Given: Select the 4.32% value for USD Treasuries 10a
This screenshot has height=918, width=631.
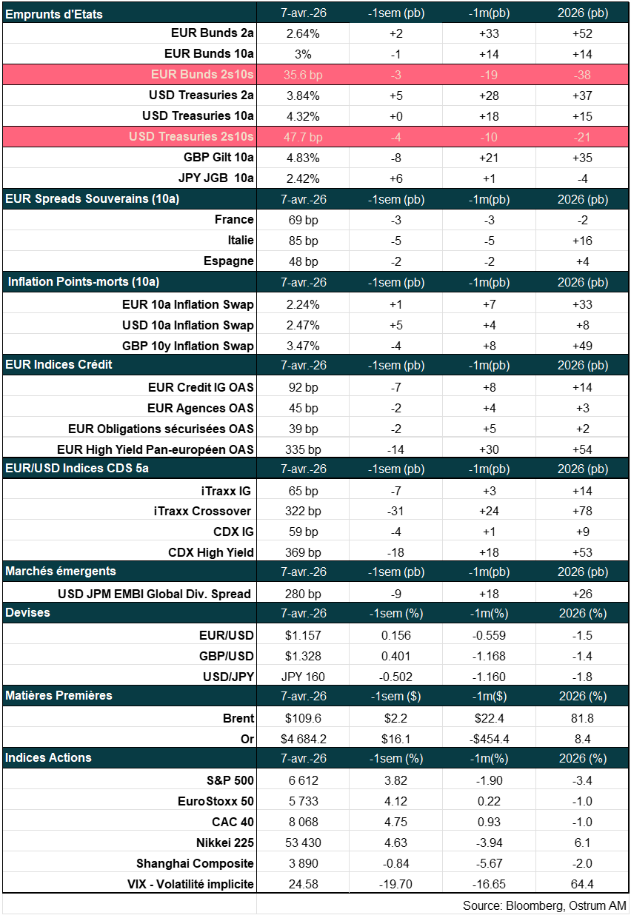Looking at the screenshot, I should click(302, 116).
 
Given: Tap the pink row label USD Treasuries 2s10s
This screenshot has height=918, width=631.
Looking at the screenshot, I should click(191, 137).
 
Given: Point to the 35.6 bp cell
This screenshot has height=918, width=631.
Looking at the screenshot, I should click(304, 75).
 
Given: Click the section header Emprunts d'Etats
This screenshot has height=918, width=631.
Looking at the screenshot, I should click(54, 14).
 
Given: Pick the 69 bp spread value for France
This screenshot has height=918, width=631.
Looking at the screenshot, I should click(302, 220).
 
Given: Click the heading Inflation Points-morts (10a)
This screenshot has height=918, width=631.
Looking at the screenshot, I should click(84, 282).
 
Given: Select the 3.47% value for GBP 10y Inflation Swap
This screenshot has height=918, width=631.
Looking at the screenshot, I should click(302, 346).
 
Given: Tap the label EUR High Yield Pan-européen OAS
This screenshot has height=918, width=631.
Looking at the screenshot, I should click(156, 449).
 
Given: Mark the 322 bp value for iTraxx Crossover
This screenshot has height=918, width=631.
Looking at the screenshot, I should click(302, 511).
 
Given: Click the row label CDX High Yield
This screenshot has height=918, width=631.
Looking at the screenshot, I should click(211, 552).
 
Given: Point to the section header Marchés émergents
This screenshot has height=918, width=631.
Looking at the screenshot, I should click(61, 572).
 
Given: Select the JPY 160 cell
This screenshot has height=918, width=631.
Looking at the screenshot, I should click(303, 677).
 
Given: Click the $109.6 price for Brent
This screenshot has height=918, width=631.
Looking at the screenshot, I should click(303, 718).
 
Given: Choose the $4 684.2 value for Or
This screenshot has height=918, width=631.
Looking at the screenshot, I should click(303, 739).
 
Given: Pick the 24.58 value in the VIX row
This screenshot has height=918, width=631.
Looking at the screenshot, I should click(302, 884).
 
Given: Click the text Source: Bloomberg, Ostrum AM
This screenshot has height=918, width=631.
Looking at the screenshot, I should click(544, 905).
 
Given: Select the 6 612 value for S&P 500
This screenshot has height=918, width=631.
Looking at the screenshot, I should click(302, 780).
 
